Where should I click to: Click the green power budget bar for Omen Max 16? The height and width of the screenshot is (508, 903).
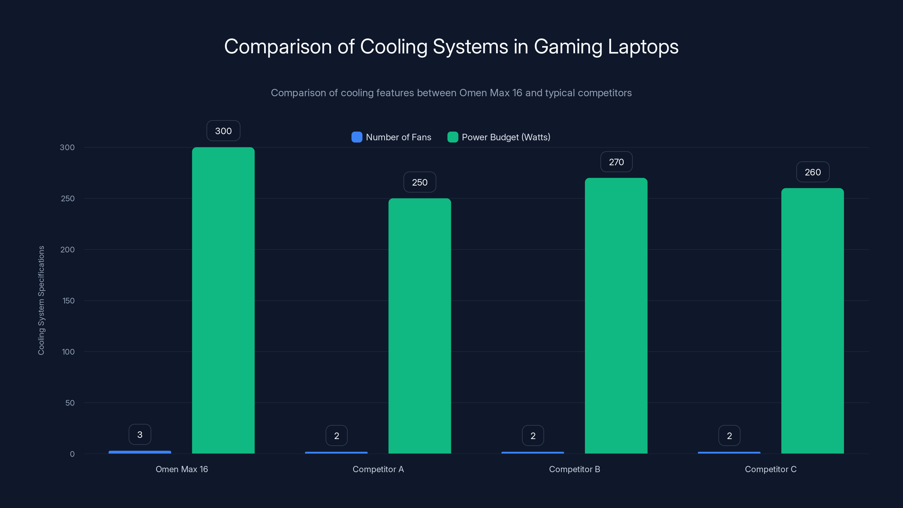223,300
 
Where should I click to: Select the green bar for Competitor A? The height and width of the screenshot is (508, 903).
420,326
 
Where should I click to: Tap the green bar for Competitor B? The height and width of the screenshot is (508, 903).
616,316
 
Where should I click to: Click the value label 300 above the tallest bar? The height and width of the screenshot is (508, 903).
223,131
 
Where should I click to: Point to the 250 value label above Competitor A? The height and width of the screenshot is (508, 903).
420,182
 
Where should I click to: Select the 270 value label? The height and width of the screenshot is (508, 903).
616,162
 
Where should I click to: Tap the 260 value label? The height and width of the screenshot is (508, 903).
813,172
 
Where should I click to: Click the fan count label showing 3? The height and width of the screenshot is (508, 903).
140,435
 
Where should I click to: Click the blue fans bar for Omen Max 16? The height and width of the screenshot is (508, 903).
140,452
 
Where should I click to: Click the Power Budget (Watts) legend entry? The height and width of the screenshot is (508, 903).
499,137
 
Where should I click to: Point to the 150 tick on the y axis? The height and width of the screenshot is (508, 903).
68,301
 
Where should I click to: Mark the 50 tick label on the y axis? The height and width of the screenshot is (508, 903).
70,403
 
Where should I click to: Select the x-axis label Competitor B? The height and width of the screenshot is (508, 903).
574,469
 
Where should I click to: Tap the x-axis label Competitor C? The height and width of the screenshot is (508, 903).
770,469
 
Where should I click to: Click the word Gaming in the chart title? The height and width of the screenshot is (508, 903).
568,47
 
